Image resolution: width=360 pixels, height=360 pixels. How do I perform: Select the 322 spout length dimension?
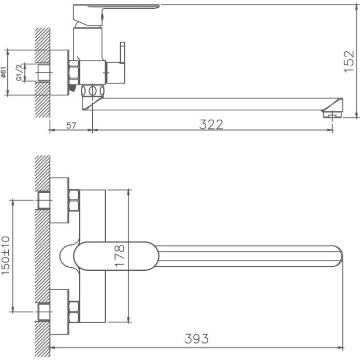tap(211, 124)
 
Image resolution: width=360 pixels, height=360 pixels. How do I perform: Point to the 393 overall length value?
tap(197, 339)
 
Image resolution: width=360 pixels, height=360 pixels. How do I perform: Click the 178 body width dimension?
tap(120, 255)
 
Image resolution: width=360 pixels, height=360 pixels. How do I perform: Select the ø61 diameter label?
tap(4, 73)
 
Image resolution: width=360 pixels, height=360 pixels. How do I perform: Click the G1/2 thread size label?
tap(19, 73)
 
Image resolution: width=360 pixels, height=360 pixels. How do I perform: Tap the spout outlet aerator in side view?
tap(331, 112)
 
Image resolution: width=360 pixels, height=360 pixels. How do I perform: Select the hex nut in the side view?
tap(75, 72)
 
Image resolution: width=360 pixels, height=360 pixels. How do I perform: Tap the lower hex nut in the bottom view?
tap(74, 312)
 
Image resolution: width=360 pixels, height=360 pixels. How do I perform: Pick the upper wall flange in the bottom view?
tap(60, 200)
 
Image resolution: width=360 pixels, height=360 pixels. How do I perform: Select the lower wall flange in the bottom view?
tap(60, 312)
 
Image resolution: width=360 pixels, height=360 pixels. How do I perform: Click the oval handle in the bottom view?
tap(114, 256)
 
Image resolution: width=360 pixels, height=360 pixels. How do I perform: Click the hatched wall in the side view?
tap(42, 62)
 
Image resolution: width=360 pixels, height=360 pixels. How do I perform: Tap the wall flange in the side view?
tap(60, 72)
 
